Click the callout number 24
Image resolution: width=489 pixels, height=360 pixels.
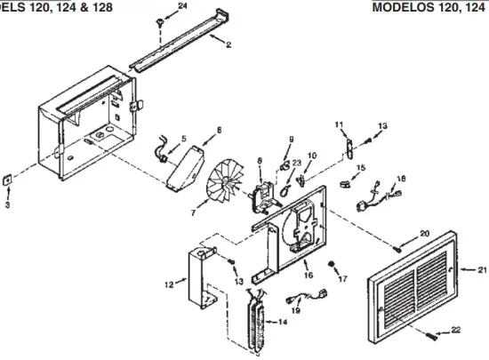(x=182, y=6)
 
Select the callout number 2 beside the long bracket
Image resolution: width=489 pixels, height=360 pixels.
(x=229, y=45)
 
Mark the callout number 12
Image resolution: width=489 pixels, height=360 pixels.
(x=169, y=284)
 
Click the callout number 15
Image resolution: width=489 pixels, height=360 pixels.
(x=360, y=167)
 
